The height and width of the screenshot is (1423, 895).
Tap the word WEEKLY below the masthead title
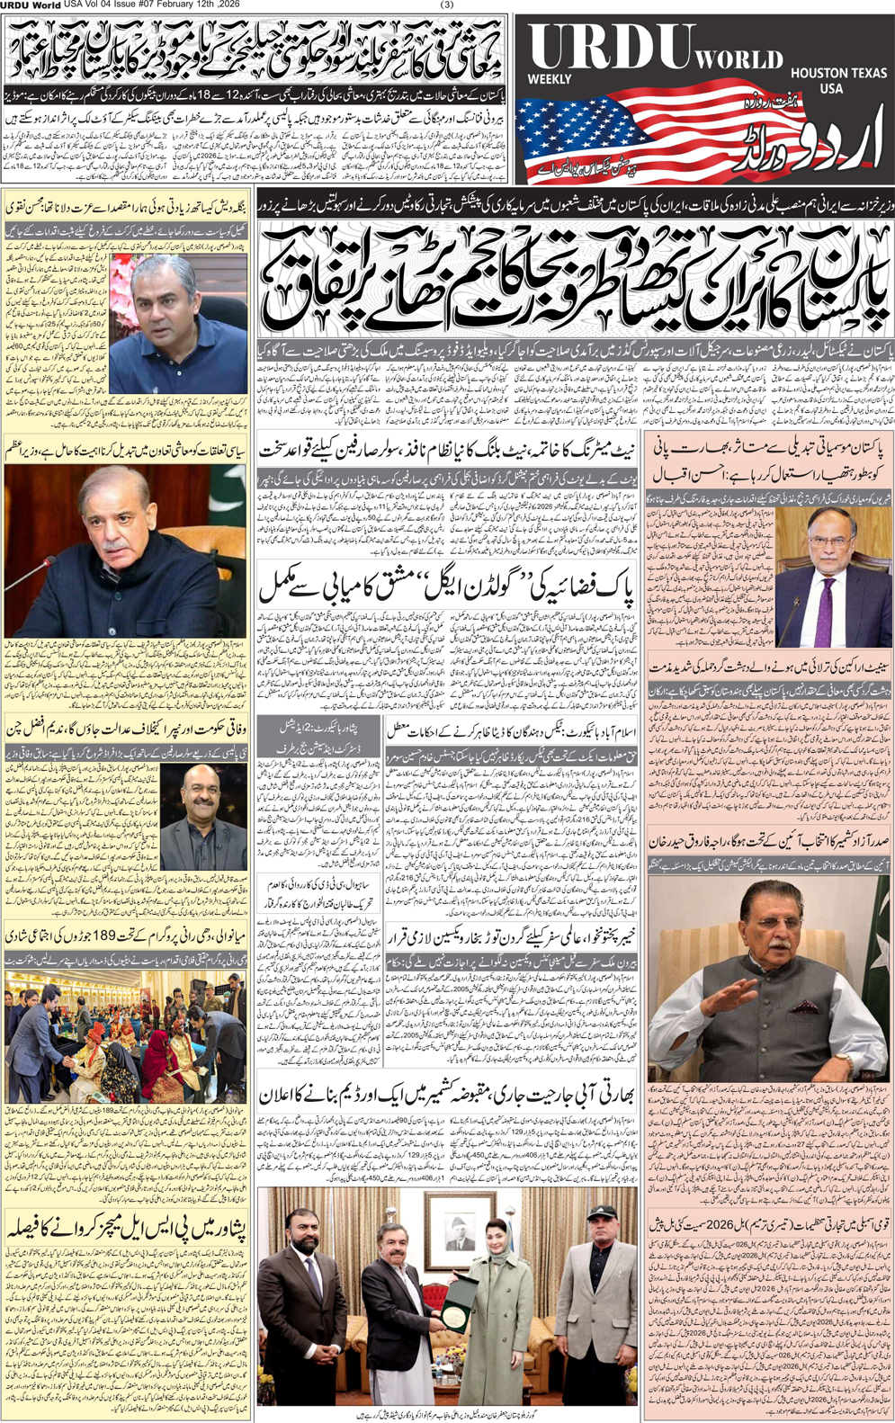[550, 79]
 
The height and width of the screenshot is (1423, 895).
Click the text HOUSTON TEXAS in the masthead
[838, 72]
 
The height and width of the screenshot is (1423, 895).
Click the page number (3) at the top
[447, 5]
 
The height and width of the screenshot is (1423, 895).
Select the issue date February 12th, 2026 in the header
[202, 5]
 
